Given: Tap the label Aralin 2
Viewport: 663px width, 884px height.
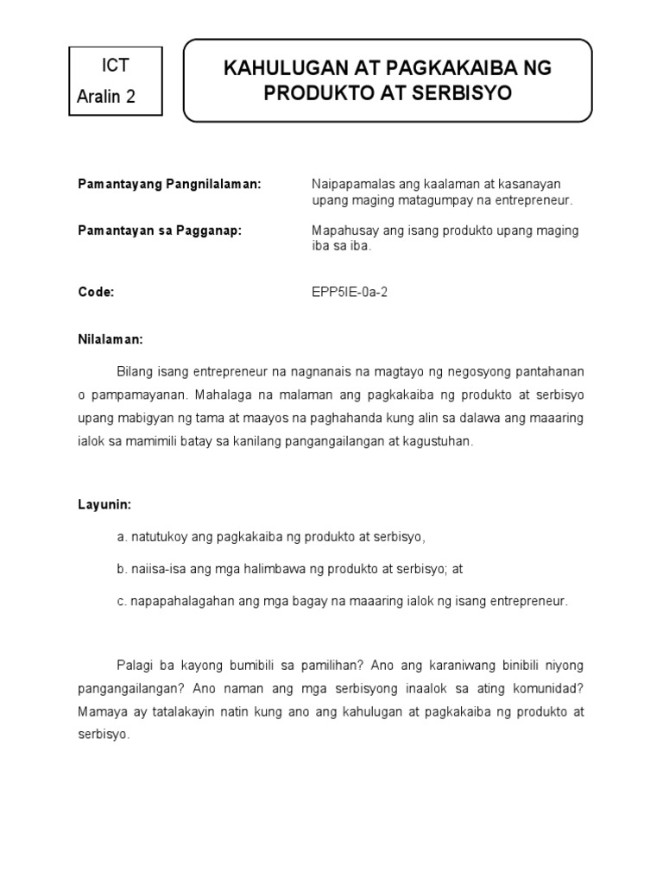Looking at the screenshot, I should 106,96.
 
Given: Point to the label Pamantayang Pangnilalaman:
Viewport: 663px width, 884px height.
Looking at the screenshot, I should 169,185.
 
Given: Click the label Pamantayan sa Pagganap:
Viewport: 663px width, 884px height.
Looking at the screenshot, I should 160,230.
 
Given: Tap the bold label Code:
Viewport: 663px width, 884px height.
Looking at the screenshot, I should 96,292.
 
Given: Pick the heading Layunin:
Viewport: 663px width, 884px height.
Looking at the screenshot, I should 104,503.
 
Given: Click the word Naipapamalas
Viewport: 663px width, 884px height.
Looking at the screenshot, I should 349,185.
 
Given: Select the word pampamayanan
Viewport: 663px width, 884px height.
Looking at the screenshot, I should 130,395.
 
